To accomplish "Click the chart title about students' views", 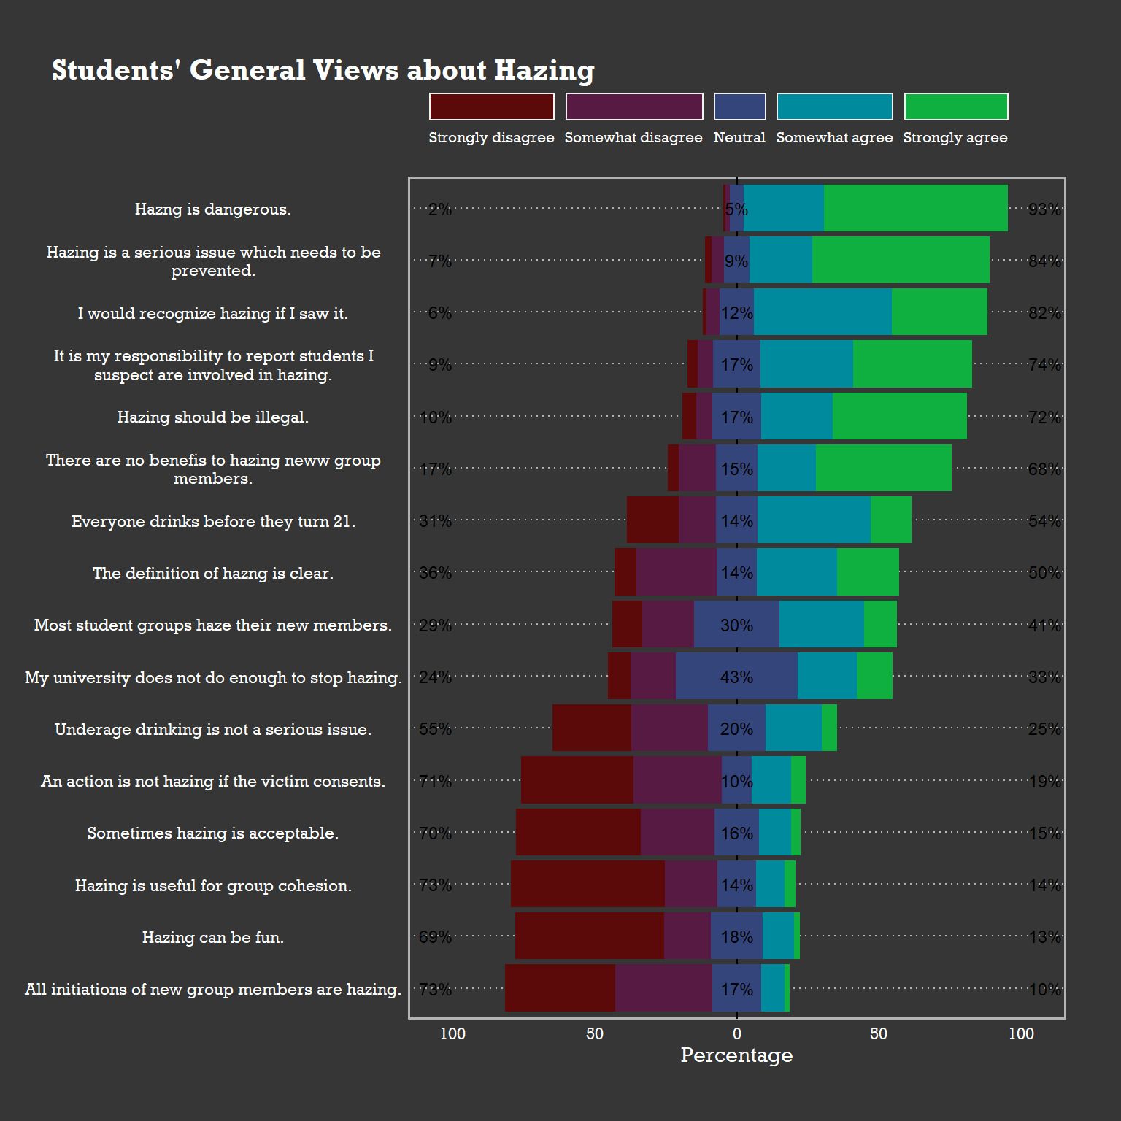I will click(x=323, y=70).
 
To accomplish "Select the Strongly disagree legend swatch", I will click(x=491, y=107).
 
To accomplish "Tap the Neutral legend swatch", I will click(x=739, y=107).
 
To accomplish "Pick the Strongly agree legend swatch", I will click(x=955, y=107).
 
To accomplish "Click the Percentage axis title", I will click(x=736, y=1055).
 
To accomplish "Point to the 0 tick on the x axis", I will click(x=736, y=1033).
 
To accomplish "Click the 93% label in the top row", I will click(x=1044, y=209).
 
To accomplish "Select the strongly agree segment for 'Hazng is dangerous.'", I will click(x=915, y=209).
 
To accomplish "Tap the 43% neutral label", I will click(x=736, y=677).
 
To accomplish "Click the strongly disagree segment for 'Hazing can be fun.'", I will click(x=589, y=936).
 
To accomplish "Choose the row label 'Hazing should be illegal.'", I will click(x=213, y=417).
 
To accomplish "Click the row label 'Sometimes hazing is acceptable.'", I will click(x=213, y=833).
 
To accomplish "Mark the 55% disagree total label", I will click(x=435, y=729).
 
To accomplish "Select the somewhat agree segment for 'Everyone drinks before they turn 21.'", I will click(x=813, y=520).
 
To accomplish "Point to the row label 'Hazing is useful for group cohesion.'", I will click(x=213, y=886).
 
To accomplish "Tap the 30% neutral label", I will click(x=736, y=625).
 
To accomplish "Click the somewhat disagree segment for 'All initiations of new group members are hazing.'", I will click(x=663, y=988).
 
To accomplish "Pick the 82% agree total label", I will click(x=1044, y=313).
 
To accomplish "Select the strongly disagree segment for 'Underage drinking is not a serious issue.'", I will click(x=592, y=728).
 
